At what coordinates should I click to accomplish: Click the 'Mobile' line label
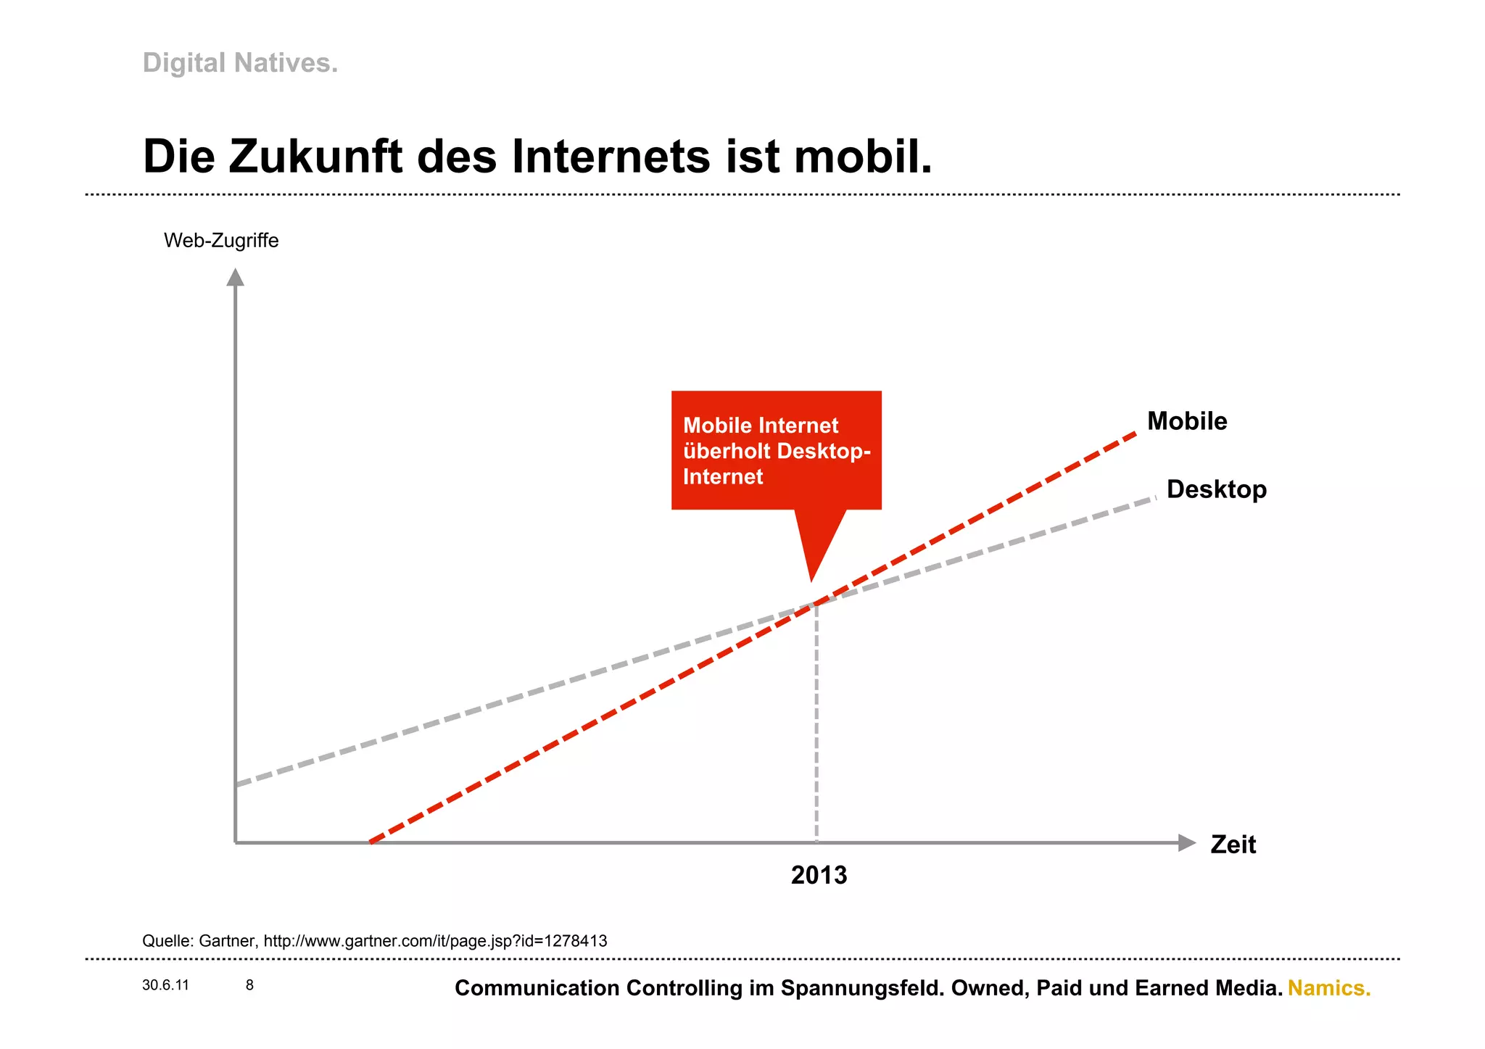tap(1186, 421)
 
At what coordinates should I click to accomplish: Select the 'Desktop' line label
tap(1216, 489)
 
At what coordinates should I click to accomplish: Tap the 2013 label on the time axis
tap(819, 875)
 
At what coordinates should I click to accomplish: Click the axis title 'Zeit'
tap(1233, 845)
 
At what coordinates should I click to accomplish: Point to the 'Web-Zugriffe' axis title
tap(221, 241)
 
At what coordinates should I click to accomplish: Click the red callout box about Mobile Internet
tap(776, 450)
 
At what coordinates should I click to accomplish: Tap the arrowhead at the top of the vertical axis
tap(235, 278)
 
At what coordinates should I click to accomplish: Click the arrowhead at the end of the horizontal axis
tap(1186, 842)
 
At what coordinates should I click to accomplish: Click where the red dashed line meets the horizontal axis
tap(371, 842)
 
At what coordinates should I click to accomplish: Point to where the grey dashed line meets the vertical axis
tap(236, 784)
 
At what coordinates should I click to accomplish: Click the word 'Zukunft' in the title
tap(315, 157)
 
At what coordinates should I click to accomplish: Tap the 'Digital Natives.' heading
tap(240, 63)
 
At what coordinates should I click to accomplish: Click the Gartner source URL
tap(435, 941)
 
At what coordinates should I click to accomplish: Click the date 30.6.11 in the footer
tap(165, 985)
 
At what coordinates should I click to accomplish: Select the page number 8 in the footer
tap(249, 985)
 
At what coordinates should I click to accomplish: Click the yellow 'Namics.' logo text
tap(1328, 988)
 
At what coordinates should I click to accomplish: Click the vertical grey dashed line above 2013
tap(816, 725)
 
